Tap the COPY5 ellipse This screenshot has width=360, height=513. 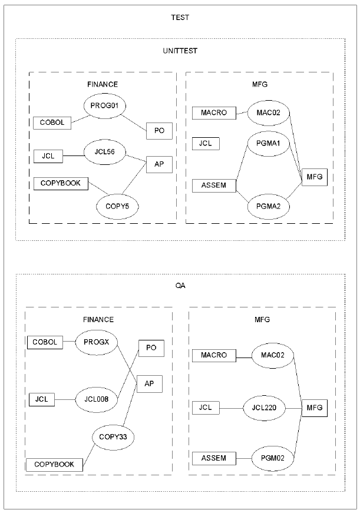[117, 206]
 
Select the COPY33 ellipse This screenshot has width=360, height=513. [114, 437]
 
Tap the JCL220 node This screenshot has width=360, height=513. [264, 407]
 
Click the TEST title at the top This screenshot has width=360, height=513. [180, 18]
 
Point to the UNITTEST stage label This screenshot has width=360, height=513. [180, 51]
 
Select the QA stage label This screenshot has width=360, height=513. [180, 286]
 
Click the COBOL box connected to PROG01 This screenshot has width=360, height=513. [52, 123]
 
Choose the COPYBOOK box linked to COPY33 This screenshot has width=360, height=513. [54, 464]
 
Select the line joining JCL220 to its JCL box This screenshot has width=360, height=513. [231, 407]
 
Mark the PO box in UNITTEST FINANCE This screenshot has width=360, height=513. [159, 131]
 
